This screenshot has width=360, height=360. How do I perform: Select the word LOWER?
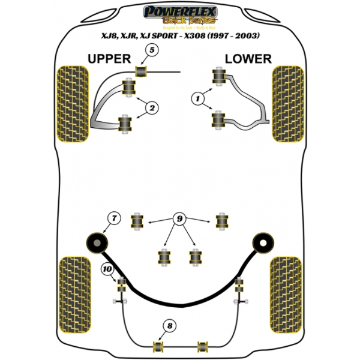point(248,58)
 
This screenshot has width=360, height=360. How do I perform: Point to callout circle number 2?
point(152,107)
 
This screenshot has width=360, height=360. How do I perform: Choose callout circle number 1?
point(196,97)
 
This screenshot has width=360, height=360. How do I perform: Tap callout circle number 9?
point(178,220)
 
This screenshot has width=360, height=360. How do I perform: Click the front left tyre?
point(73,102)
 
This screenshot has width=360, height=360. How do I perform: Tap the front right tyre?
point(287,102)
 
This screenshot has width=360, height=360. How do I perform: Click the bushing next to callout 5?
point(142,72)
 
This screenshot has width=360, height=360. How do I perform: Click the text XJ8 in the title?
point(108,36)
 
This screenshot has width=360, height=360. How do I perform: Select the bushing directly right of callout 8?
point(202,346)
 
